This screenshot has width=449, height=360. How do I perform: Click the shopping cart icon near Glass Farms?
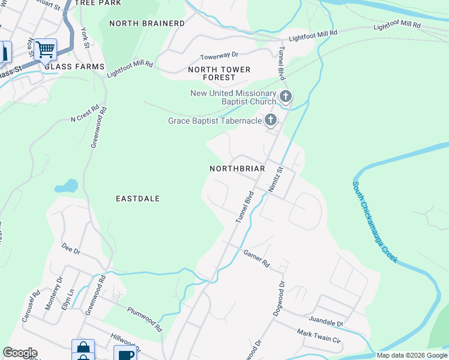pos(46,49)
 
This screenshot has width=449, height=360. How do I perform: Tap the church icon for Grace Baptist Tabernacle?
pos(271,121)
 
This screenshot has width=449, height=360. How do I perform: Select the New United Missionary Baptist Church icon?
pos(286,96)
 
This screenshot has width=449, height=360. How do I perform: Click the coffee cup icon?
pos(125,355)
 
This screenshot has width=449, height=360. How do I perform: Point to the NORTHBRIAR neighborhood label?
pos(237,169)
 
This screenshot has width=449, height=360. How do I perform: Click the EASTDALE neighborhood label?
pos(137,198)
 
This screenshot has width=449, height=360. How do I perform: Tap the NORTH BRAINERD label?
pos(147,23)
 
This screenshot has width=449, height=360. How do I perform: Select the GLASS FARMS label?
pos(74,67)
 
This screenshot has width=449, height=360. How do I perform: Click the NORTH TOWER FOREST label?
pos(219,74)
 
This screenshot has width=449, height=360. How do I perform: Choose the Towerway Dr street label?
pos(219,55)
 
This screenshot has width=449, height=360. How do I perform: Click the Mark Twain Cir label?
pos(319,336)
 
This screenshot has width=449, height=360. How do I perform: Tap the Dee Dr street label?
pos(71,248)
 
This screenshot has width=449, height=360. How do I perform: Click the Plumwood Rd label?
pos(145,320)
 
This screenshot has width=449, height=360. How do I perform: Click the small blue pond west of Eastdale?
pos(66,186)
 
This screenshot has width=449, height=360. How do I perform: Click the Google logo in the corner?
pos(20,353)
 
